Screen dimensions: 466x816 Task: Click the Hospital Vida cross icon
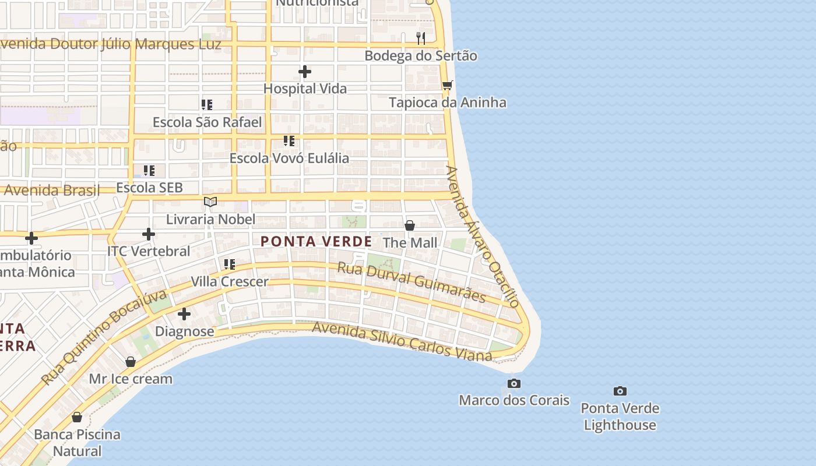click(304, 72)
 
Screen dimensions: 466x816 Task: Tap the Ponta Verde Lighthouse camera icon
click(620, 391)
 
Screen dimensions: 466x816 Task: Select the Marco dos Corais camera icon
click(513, 383)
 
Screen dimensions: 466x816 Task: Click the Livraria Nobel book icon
click(210, 202)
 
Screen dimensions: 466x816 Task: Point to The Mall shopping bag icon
click(410, 225)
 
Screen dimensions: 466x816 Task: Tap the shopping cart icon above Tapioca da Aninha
click(447, 86)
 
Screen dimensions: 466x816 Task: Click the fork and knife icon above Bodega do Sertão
click(421, 38)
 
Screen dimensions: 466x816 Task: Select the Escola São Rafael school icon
click(207, 105)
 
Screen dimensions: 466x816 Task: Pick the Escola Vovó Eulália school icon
click(289, 141)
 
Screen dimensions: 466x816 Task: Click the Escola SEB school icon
click(149, 171)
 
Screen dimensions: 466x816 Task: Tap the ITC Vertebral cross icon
click(149, 234)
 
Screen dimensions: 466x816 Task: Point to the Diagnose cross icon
click(184, 315)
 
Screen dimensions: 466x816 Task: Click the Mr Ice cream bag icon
click(131, 362)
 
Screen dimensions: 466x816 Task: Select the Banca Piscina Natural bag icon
click(77, 417)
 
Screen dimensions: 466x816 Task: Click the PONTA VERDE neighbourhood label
click(316, 241)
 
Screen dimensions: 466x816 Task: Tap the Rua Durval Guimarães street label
click(411, 282)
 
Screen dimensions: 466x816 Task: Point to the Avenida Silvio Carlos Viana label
click(402, 340)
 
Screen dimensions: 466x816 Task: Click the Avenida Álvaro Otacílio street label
click(482, 236)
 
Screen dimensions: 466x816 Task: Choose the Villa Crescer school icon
click(230, 264)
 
